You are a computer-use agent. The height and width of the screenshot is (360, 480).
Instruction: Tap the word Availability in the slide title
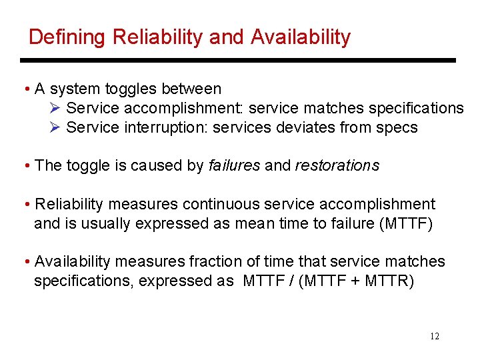301,37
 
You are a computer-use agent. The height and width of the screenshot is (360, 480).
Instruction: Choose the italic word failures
234,165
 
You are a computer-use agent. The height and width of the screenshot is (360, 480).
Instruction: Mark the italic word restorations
337,165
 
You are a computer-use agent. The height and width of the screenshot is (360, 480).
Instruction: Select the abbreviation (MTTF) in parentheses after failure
405,223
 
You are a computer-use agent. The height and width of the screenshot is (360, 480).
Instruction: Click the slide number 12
435,337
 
